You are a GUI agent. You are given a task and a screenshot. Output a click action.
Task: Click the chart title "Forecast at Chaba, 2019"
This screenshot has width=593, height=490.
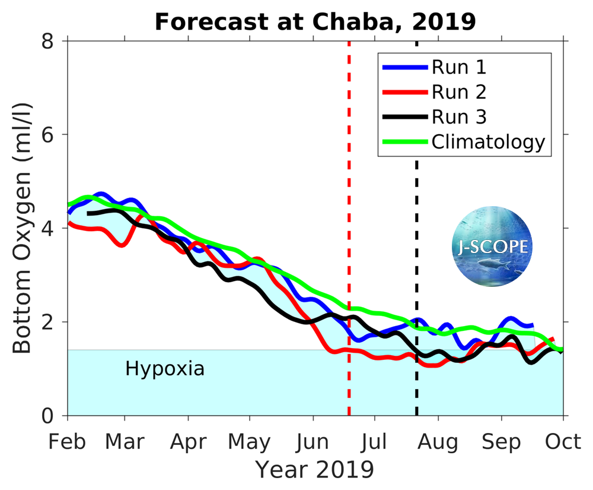tap(315, 22)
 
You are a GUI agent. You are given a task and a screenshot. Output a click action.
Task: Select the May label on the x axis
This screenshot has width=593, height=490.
tap(250, 442)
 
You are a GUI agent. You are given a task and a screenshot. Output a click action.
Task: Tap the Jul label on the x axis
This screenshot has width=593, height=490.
tap(374, 442)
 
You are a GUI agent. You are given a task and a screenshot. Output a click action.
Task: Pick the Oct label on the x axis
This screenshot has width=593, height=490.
tap(563, 442)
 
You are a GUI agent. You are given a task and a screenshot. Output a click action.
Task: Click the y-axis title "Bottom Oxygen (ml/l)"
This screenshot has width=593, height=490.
tap(22, 229)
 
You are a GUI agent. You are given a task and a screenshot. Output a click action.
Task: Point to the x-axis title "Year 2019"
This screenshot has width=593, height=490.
tap(315, 470)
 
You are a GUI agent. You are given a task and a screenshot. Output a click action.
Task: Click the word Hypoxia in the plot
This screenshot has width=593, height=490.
tap(165, 369)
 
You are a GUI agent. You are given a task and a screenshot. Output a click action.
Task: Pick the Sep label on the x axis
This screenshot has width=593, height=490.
tap(502, 442)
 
